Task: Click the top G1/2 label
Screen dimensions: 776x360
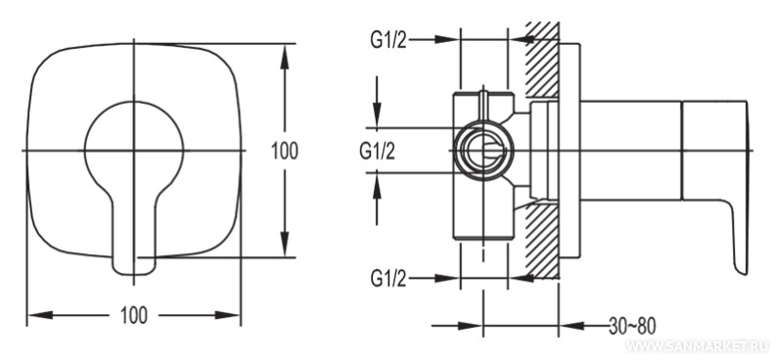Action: point(388,40)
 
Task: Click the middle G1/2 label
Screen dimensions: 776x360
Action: point(377,152)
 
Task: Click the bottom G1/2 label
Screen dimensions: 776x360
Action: point(388,280)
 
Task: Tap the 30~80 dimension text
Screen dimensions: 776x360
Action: point(632,326)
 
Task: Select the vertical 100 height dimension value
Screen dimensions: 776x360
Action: point(285,151)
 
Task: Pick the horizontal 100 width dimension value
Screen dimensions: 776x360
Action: point(134,315)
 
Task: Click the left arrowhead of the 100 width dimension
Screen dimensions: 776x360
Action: point(40,315)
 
